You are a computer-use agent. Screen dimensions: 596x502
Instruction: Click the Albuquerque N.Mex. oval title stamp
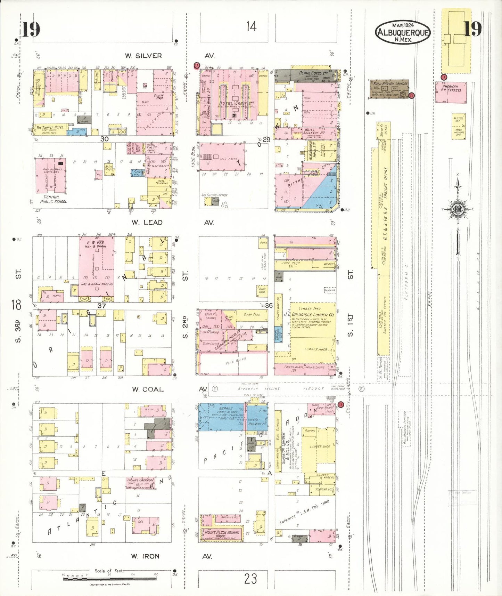point(403,32)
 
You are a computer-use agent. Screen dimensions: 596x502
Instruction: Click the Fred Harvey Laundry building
point(389,89)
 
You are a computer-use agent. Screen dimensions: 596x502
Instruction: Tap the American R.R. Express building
point(451,92)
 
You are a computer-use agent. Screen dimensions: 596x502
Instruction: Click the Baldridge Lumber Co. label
point(313,315)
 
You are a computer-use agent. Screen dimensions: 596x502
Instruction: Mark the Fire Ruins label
point(236,361)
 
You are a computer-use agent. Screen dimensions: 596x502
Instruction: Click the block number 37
point(101,306)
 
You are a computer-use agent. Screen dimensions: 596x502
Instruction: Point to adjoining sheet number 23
point(250,579)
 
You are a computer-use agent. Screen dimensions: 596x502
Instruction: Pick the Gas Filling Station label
point(214,195)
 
